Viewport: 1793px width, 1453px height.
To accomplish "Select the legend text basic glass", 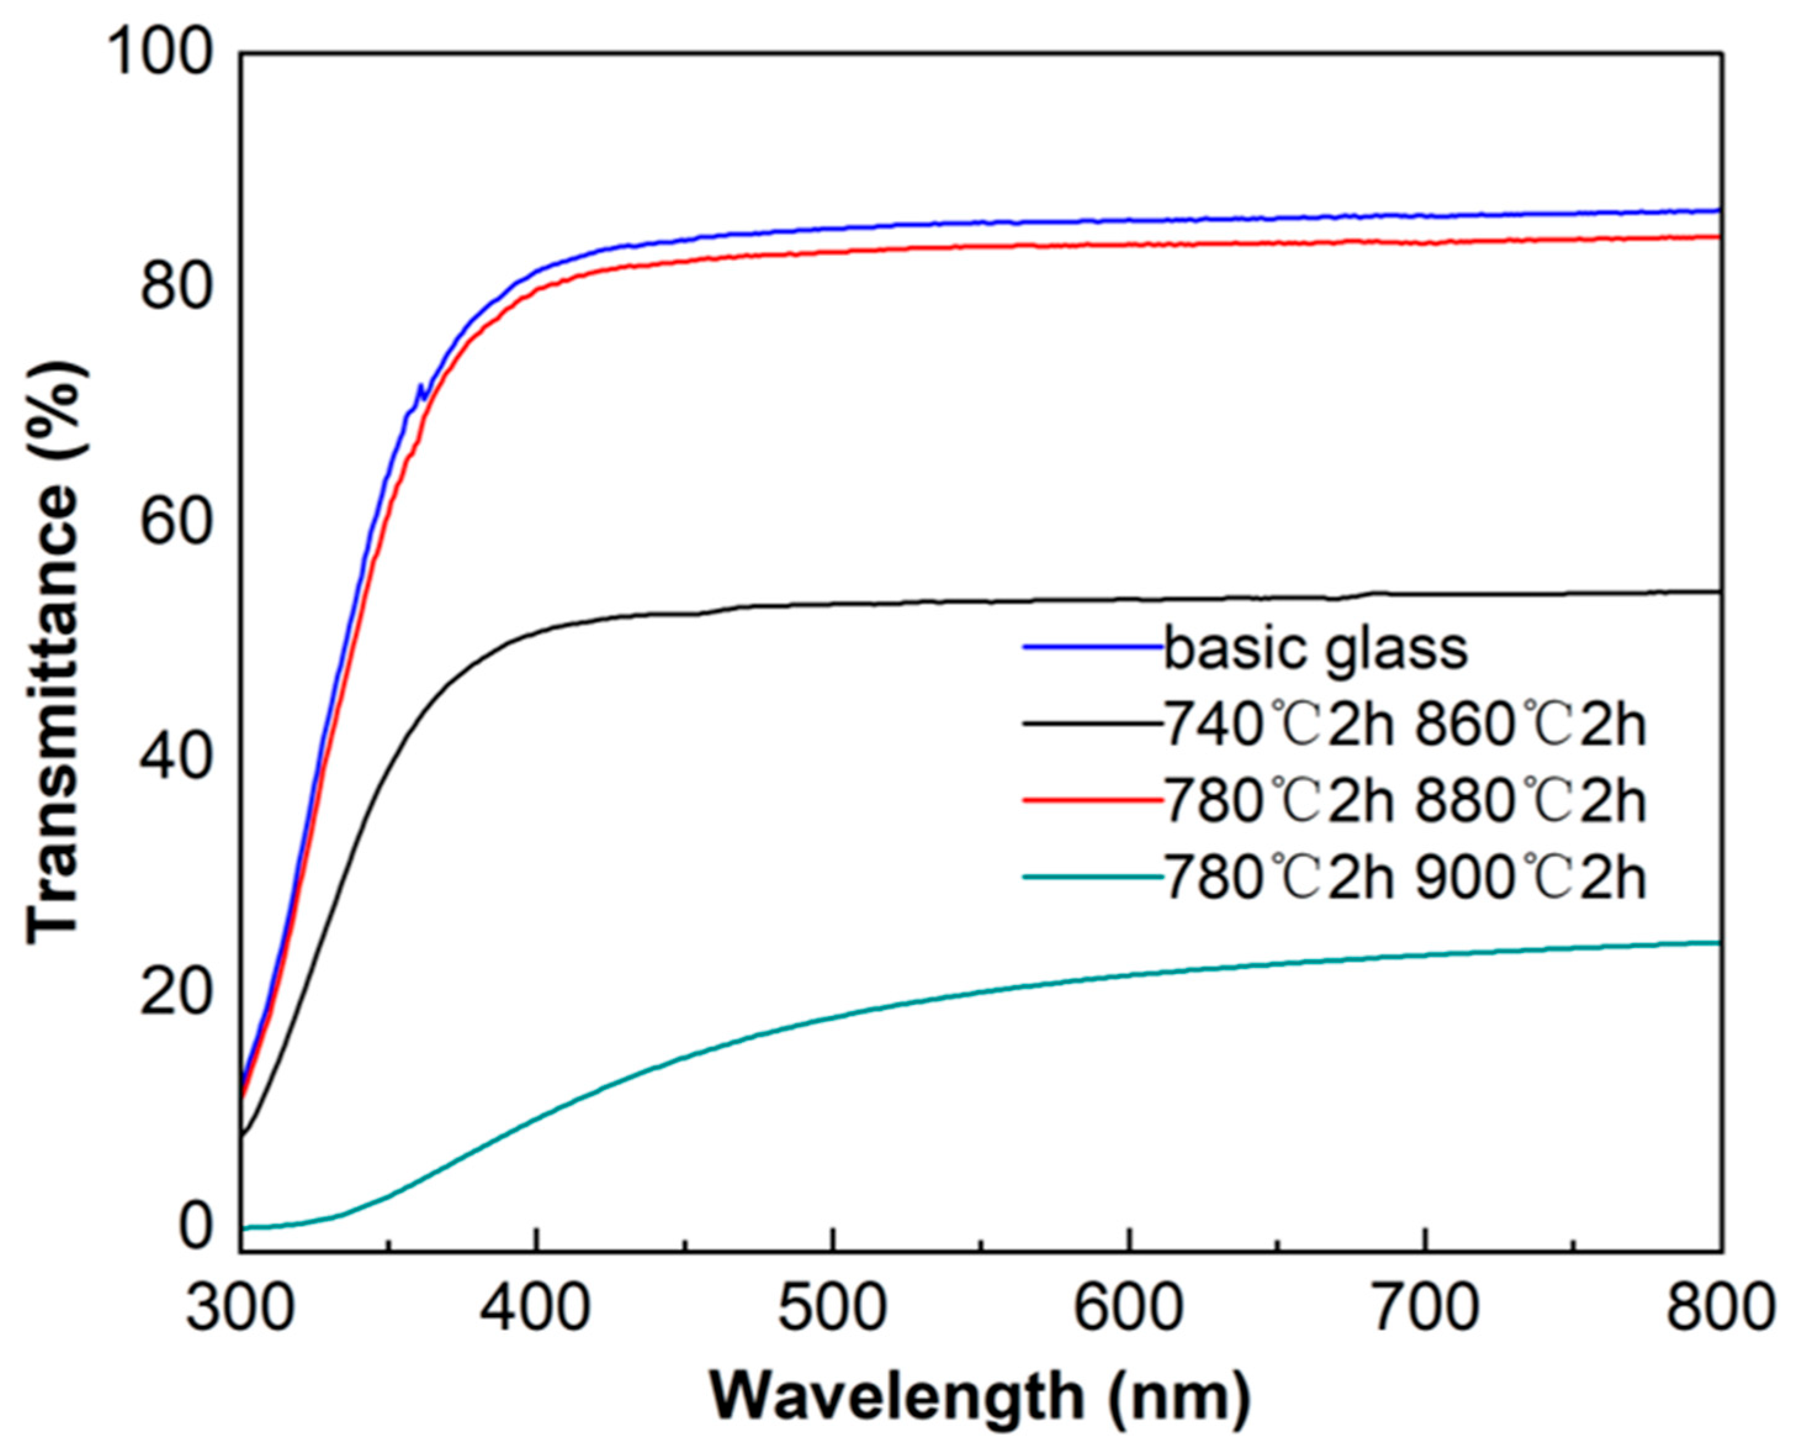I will (x=1315, y=649).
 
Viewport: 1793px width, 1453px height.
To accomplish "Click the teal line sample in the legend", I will (x=1092, y=877).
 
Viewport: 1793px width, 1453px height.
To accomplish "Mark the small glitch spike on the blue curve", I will (x=420, y=388).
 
